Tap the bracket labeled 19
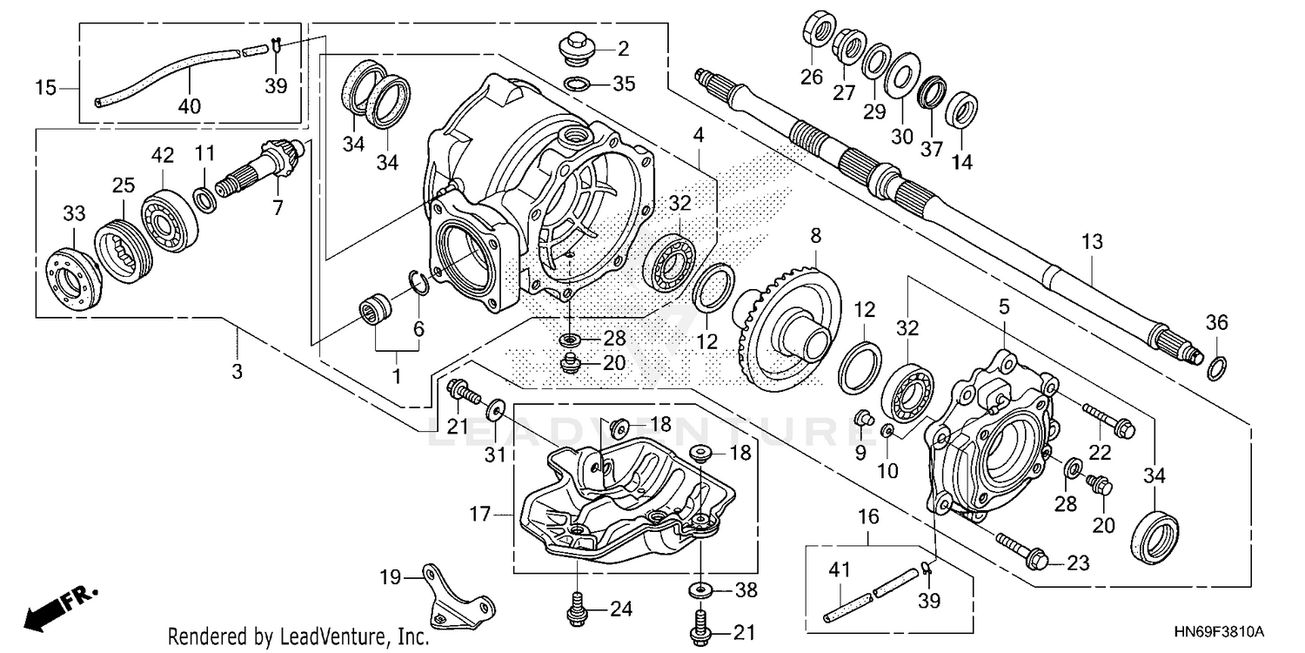(456, 601)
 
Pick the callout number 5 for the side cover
(1004, 306)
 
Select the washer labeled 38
(700, 591)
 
